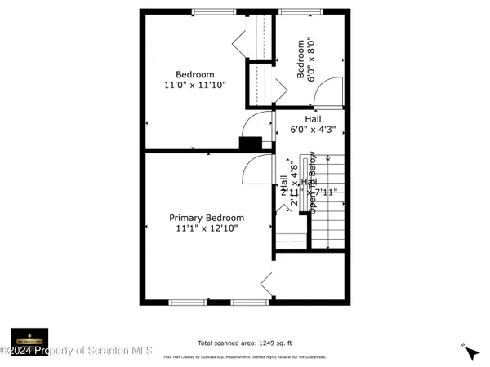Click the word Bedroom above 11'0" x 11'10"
[x=194, y=74]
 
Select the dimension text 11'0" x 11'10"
[x=194, y=85]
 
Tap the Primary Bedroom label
[x=207, y=218]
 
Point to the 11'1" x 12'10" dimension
[x=207, y=229]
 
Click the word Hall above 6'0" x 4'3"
[x=313, y=119]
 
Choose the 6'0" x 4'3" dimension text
[x=313, y=130]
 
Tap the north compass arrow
[x=470, y=353]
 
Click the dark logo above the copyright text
[x=29, y=337]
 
